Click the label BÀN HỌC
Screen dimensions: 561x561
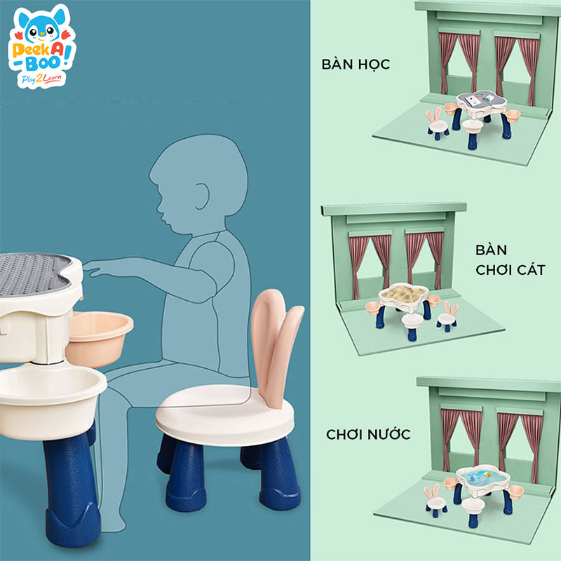click(x=356, y=65)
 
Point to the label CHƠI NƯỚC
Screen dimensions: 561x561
click(x=368, y=434)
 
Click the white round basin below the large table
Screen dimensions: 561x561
click(x=49, y=393)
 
